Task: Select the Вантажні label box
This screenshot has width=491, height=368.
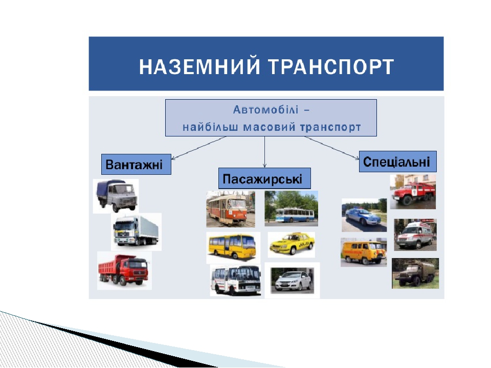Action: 136,165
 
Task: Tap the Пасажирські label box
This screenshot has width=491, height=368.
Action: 264,179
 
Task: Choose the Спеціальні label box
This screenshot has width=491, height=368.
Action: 397,162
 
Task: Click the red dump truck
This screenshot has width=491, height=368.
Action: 124,271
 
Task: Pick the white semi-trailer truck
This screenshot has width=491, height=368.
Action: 136,232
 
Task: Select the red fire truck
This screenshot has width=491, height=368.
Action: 413,192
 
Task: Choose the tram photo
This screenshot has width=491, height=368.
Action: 230,209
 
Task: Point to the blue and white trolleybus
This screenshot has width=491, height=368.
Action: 291,209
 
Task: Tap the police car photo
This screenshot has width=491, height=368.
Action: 364,215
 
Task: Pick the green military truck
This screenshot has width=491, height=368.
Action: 415,273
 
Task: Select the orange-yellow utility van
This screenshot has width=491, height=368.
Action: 363,252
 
